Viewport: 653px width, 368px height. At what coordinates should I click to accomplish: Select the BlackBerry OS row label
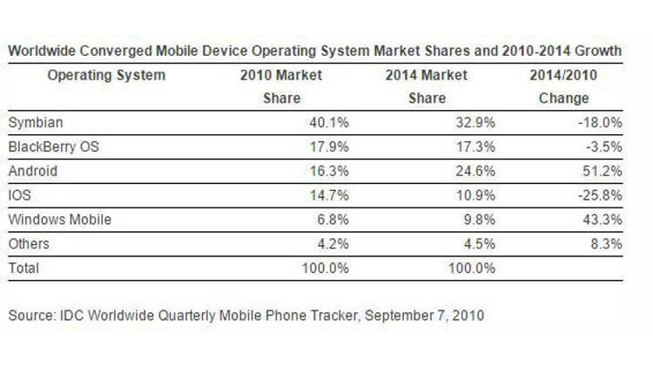tap(52, 147)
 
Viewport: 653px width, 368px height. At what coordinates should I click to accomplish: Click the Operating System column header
tap(106, 76)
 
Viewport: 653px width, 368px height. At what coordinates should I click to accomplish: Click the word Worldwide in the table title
tap(43, 51)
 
